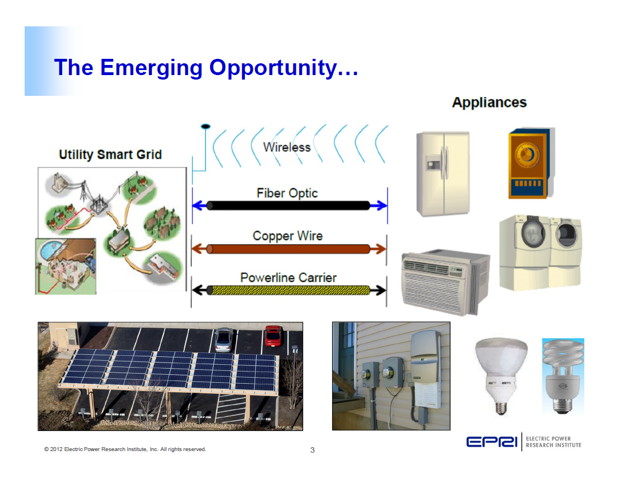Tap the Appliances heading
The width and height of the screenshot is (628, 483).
(489, 103)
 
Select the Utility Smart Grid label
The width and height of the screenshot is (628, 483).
(110, 155)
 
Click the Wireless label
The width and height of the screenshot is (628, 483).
(287, 147)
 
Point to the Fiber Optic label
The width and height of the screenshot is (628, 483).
(287, 193)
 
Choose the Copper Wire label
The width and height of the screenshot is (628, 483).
(287, 236)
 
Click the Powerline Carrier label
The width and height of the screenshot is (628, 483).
(288, 277)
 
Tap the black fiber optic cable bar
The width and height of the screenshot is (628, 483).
(288, 206)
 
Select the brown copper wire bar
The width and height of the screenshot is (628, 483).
(288, 249)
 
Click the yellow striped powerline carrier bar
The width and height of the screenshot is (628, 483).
(288, 290)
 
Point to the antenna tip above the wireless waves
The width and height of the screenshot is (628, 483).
(206, 126)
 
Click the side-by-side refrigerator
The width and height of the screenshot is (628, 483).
(443, 174)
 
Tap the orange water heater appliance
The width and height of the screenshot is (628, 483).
(530, 164)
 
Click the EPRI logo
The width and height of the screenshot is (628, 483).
(492, 442)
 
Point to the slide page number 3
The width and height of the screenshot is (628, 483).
(313, 450)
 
